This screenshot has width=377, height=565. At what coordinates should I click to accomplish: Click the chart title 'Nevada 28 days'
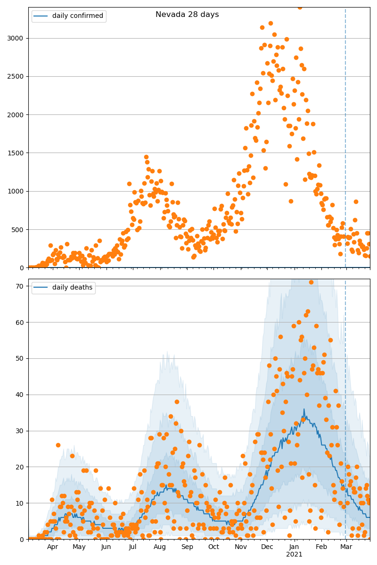tap(187, 15)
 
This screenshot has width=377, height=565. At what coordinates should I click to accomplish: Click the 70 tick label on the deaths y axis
tap(20, 286)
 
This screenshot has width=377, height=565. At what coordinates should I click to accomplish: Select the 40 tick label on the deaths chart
tap(20, 395)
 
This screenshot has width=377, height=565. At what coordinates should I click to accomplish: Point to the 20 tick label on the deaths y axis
tap(20, 467)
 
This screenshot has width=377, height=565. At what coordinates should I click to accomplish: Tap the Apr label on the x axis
tap(52, 547)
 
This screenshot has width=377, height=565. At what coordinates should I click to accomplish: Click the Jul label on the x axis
tap(133, 547)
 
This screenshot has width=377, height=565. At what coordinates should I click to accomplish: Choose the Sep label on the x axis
tap(187, 547)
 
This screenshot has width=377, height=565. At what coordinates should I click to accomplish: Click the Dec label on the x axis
tap(267, 547)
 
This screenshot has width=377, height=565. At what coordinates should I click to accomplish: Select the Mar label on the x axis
tap(346, 547)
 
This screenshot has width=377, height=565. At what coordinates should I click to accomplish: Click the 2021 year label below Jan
tap(294, 555)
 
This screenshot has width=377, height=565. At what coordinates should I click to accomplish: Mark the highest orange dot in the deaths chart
tap(311, 282)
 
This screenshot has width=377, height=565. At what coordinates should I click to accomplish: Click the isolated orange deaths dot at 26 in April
tap(58, 445)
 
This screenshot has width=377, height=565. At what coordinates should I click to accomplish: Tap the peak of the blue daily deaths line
tap(304, 409)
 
